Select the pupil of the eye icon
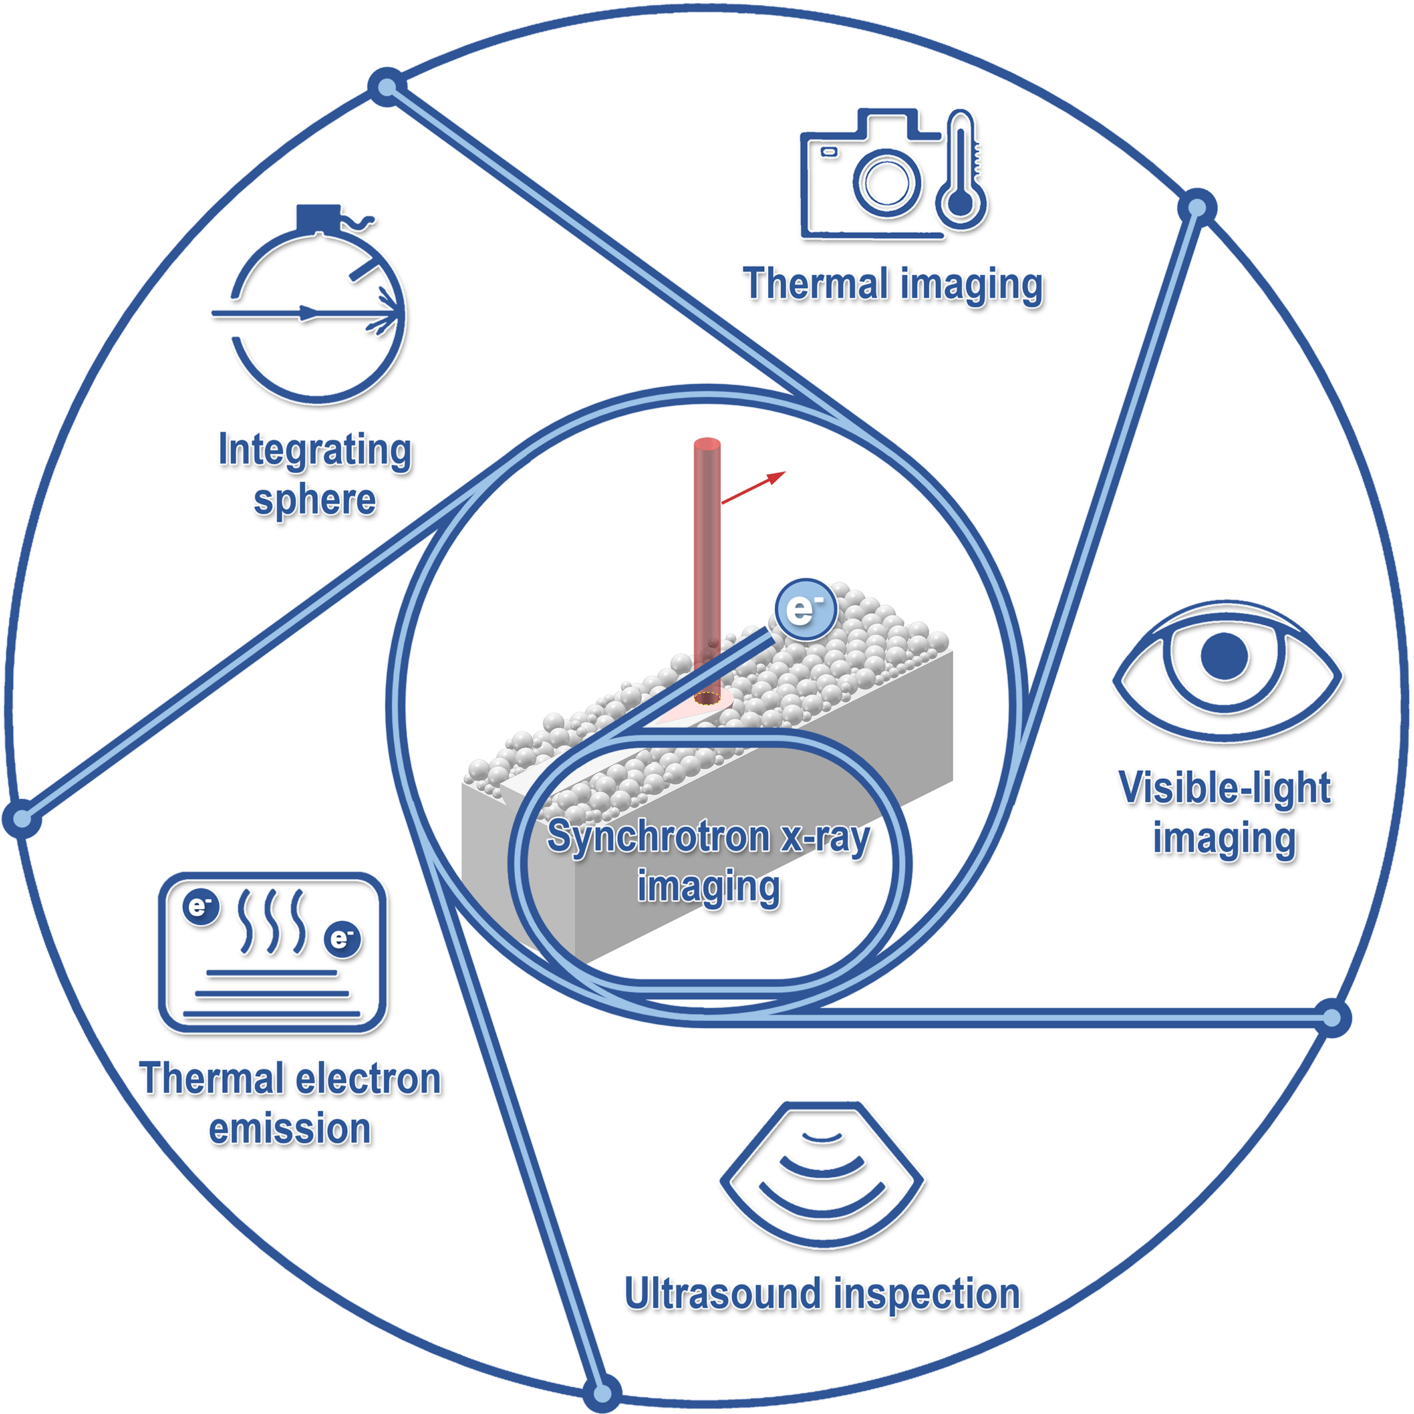coord(1224,656)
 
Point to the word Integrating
coord(315,450)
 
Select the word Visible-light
coord(1224,788)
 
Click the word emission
coord(290,1129)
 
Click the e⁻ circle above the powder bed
coord(805,610)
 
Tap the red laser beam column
coord(707,556)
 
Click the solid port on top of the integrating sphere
coord(319,217)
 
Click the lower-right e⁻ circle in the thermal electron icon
coord(342,938)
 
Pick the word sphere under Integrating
coord(315,501)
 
